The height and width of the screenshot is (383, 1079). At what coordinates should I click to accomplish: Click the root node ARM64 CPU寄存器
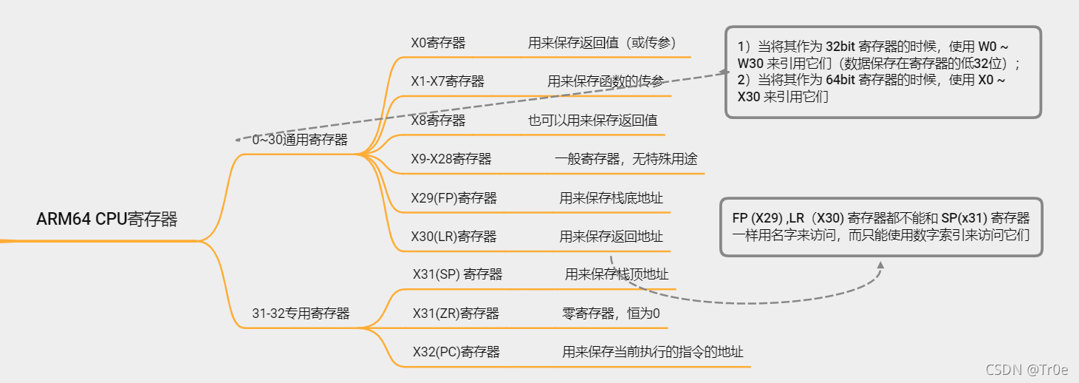click(107, 220)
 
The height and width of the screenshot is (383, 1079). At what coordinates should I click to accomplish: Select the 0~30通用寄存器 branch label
click(300, 140)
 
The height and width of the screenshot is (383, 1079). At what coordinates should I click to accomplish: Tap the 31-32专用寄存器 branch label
click(301, 313)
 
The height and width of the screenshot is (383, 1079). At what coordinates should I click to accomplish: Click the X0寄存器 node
click(438, 43)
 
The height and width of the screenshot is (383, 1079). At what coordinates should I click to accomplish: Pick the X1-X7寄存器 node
click(448, 81)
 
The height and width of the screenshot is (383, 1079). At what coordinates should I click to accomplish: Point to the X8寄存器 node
click(438, 121)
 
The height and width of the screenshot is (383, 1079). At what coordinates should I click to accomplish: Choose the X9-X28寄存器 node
click(451, 159)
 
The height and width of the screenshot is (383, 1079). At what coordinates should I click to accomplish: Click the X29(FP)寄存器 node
click(453, 198)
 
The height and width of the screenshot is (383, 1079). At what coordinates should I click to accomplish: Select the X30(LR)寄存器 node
click(453, 237)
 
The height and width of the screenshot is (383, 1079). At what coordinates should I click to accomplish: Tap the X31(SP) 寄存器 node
click(457, 274)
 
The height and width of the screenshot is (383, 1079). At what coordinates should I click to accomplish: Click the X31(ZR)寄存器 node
click(456, 313)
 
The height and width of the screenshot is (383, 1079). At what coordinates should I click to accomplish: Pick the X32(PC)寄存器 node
click(456, 352)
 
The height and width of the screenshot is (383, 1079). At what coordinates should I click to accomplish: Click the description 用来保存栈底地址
click(611, 198)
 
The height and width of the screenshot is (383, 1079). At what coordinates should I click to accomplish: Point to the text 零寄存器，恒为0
click(611, 313)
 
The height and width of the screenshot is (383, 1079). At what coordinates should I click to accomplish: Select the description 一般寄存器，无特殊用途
click(626, 159)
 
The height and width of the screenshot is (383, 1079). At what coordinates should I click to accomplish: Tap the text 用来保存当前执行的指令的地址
click(653, 352)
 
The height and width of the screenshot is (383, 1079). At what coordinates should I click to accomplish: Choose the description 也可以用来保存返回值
click(593, 121)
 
